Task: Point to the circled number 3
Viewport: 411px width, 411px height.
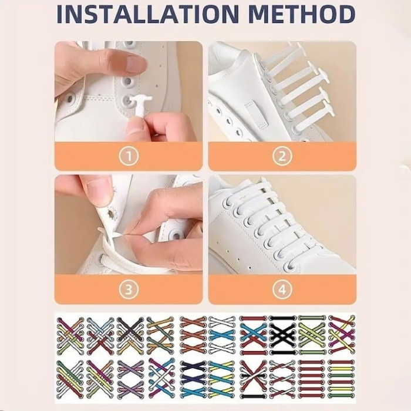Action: (x=129, y=289)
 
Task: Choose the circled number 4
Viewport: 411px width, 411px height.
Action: (x=282, y=289)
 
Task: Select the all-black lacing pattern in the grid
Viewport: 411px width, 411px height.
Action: (x=282, y=335)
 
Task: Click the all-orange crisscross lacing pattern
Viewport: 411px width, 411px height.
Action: (x=193, y=335)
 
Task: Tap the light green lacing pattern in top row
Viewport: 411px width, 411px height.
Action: (x=312, y=335)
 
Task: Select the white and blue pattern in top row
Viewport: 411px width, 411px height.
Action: (x=223, y=335)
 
